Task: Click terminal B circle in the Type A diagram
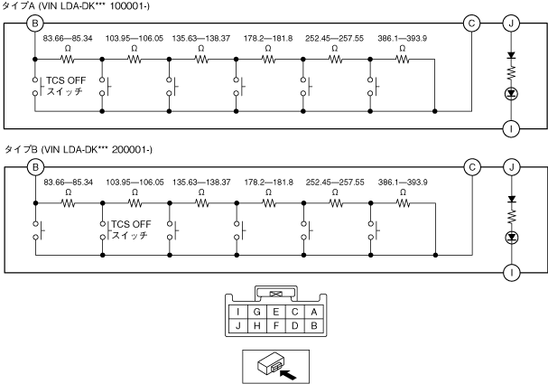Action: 35,22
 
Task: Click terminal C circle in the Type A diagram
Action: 471,22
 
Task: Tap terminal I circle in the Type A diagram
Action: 512,127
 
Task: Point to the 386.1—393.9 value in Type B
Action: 402,183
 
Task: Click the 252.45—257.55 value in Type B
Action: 335,183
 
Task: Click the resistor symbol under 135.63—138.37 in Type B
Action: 202,202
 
